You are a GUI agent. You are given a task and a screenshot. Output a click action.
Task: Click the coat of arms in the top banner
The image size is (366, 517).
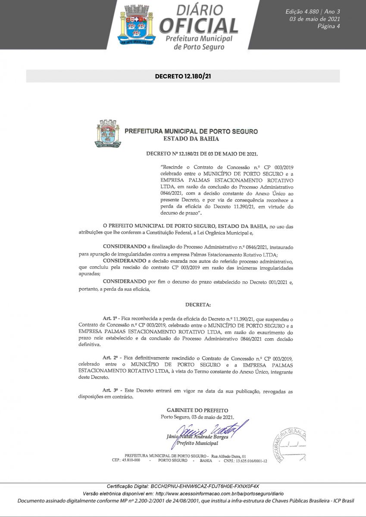coord(135,25)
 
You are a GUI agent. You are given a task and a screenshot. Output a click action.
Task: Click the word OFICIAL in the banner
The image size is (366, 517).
coord(198,26)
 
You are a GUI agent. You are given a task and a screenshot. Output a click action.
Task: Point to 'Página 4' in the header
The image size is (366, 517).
coord(328,27)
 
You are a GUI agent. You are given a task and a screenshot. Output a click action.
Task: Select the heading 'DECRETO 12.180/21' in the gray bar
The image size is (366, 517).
coord(183,76)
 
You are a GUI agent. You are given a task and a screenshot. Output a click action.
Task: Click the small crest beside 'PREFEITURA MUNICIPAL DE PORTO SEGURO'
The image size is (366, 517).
coord(108,134)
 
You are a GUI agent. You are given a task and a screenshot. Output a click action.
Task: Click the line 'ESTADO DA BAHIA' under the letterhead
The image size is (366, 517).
coord(191,139)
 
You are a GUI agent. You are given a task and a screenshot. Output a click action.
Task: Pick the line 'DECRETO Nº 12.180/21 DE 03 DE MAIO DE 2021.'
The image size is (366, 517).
coord(202,153)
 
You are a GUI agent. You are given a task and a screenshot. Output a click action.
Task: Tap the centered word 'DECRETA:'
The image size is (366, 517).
coord(198,305)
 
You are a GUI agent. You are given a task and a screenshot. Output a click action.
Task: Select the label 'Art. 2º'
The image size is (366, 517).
coord(110,358)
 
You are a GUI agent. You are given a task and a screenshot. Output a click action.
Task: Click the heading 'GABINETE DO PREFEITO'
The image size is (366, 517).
coord(197,410)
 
